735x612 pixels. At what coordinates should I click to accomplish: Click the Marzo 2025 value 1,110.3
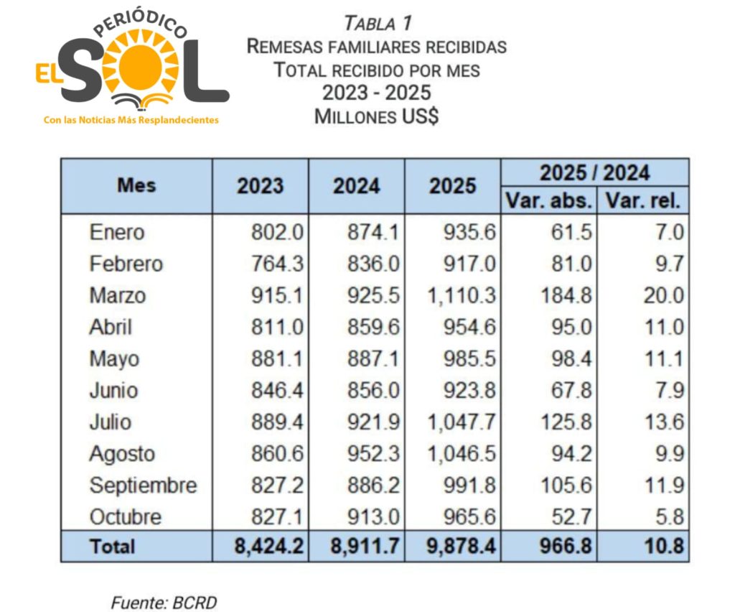click(x=462, y=295)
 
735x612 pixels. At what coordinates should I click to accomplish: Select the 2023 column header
click(x=260, y=185)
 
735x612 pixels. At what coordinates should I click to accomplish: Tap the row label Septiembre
click(x=143, y=486)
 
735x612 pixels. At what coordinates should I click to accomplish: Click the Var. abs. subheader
click(x=548, y=200)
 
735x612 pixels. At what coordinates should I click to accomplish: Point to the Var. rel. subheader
click(x=642, y=200)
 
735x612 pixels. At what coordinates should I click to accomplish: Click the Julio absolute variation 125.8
click(x=567, y=422)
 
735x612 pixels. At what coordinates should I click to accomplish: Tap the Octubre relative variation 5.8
click(x=664, y=517)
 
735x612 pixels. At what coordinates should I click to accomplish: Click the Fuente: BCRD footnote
click(x=163, y=603)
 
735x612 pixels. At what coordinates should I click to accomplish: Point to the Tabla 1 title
click(x=378, y=23)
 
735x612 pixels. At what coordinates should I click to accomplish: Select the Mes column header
click(x=136, y=185)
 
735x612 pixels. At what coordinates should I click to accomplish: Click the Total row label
click(x=113, y=546)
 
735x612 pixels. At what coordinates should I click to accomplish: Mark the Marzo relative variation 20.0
click(x=664, y=295)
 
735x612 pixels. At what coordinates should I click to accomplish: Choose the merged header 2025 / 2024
click(x=594, y=172)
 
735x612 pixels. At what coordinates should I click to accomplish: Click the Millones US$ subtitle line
click(x=377, y=116)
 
